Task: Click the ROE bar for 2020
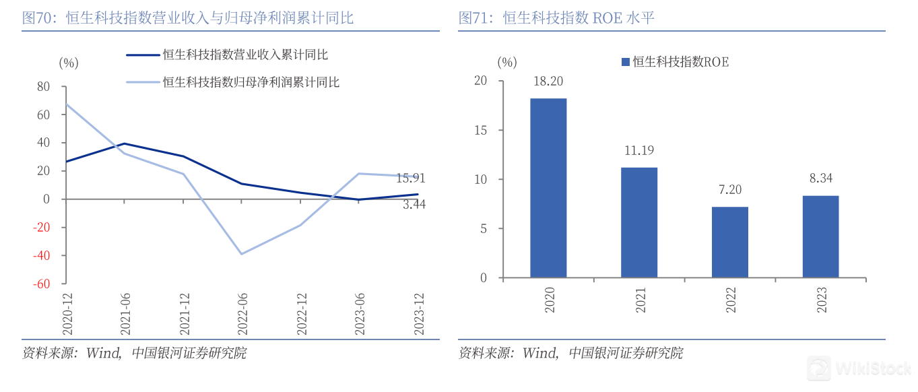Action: (x=548, y=188)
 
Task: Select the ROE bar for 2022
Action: (x=729, y=242)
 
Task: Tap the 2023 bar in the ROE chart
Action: (x=820, y=236)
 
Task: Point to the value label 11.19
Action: (x=639, y=150)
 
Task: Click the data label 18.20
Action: (x=548, y=81)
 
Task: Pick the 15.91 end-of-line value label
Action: (x=410, y=178)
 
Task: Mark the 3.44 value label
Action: (x=414, y=204)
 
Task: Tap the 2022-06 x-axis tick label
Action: (x=241, y=313)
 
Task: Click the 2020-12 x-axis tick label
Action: (x=67, y=313)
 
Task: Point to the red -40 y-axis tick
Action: (x=42, y=255)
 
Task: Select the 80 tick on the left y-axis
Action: (x=44, y=86)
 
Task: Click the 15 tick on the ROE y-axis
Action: (x=480, y=130)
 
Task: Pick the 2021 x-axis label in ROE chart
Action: (x=640, y=299)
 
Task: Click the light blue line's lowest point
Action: (x=241, y=254)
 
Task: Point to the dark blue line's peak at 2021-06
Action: (x=125, y=143)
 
